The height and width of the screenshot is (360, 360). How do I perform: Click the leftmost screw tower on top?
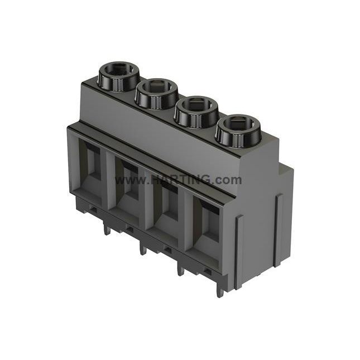(118, 76)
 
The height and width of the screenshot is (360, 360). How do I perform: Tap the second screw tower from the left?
(156, 93)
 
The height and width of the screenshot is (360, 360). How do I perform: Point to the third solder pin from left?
(180, 268)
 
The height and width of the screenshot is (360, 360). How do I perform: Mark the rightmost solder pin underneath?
(220, 290)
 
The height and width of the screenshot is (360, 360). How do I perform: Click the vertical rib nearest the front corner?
(238, 251)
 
